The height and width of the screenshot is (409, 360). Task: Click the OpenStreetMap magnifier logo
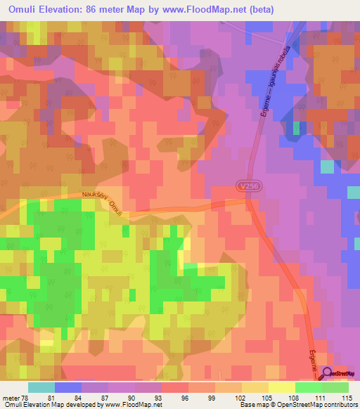click(327, 375)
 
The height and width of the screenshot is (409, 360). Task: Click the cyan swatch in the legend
click(41, 387)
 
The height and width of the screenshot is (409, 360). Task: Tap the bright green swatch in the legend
click(335, 387)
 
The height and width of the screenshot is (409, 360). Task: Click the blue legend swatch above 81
click(68, 387)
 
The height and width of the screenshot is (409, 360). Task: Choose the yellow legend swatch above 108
click(282, 387)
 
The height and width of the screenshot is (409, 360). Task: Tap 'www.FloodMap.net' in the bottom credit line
click(130, 405)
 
